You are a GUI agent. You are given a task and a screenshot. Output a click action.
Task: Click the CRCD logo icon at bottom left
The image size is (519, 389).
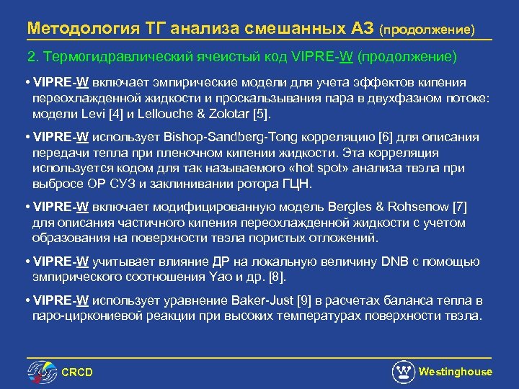click(x=42, y=371)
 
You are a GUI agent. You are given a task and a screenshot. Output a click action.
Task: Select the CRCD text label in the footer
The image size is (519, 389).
click(x=77, y=372)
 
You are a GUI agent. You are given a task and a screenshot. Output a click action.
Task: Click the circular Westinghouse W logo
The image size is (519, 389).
click(x=403, y=372)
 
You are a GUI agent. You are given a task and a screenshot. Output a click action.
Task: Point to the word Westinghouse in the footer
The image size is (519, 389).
click(x=456, y=372)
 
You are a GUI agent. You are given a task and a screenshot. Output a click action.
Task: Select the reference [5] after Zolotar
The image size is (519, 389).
click(x=265, y=115)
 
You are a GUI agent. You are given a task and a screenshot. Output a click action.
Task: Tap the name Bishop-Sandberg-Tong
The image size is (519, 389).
click(x=247, y=138)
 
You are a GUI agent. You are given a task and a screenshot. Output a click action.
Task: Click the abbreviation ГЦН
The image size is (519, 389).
click(x=298, y=184)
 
